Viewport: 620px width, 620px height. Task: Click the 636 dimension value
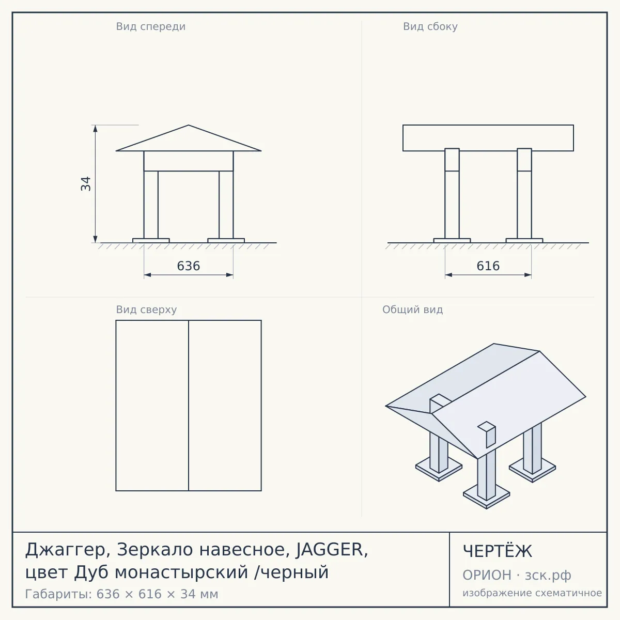point(188,266)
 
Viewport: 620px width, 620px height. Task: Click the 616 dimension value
point(488,266)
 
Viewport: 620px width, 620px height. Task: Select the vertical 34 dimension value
point(86,184)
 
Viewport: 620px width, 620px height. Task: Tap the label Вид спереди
point(150,26)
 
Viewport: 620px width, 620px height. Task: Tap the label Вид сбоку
point(430,26)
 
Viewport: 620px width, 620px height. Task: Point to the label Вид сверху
point(146,309)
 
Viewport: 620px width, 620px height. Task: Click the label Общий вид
point(412,309)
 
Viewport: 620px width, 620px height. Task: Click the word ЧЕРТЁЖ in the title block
point(498,551)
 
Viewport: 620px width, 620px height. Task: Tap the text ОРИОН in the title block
point(487,575)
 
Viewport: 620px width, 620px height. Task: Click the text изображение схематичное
point(532,593)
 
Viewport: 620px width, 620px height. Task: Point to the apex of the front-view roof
point(189,125)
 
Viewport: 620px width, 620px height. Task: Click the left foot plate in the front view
point(151,240)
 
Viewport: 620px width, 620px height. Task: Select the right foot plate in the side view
point(524,240)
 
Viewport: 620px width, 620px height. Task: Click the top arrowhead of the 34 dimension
point(95,128)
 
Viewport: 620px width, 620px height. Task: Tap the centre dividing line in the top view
point(189,406)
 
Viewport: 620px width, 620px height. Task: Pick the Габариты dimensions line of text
point(121,594)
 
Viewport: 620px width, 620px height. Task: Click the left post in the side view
point(452,193)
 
